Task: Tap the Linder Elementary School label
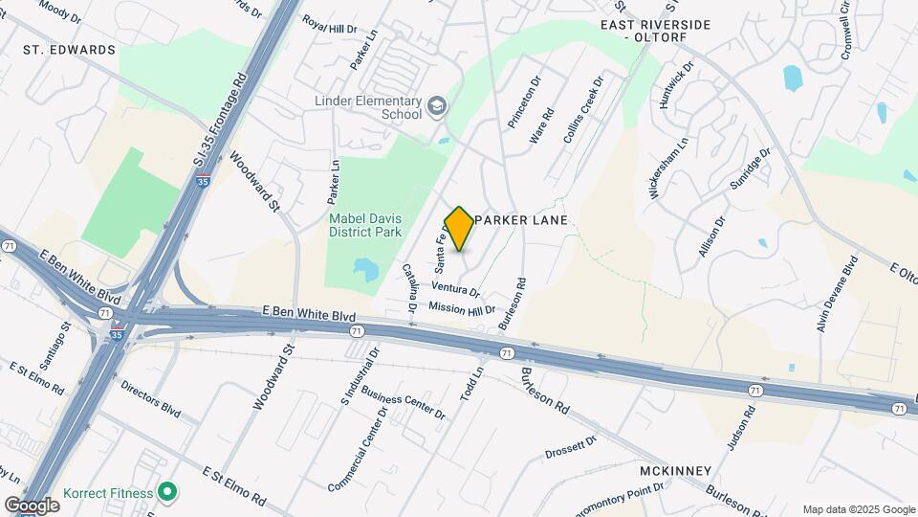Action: tap(368, 107)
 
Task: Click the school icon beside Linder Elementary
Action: tap(437, 104)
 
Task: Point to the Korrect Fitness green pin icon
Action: tap(168, 493)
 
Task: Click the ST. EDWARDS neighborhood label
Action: tap(70, 50)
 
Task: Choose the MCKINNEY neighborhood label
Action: tap(675, 470)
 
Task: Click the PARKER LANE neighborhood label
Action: tap(521, 220)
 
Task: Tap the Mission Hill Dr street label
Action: tap(462, 308)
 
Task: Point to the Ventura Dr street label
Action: tap(455, 287)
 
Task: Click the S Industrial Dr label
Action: tap(361, 374)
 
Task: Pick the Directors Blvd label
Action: tap(151, 399)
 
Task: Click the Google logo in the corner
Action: tap(32, 506)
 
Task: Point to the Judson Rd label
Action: tap(742, 428)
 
